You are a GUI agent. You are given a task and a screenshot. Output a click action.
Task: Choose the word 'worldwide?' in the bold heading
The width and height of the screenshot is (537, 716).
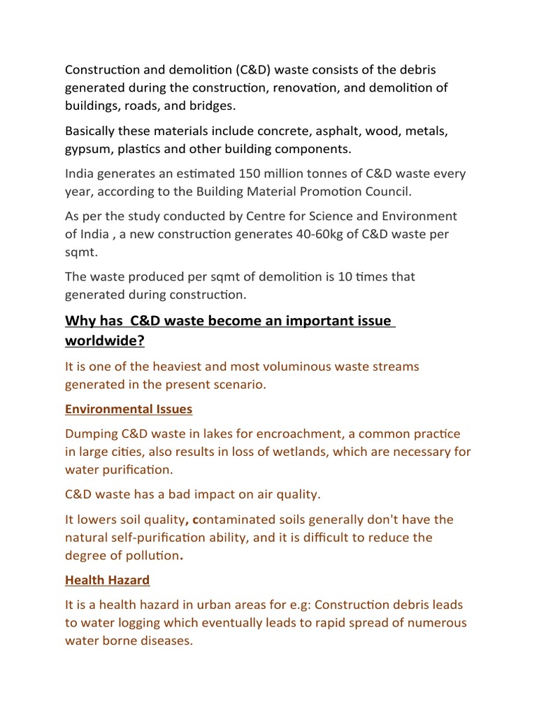pos(104,341)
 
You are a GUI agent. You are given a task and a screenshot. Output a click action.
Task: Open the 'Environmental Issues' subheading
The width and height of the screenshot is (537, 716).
pos(129,409)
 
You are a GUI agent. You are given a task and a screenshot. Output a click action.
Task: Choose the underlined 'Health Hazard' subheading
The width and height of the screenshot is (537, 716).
pos(107,580)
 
